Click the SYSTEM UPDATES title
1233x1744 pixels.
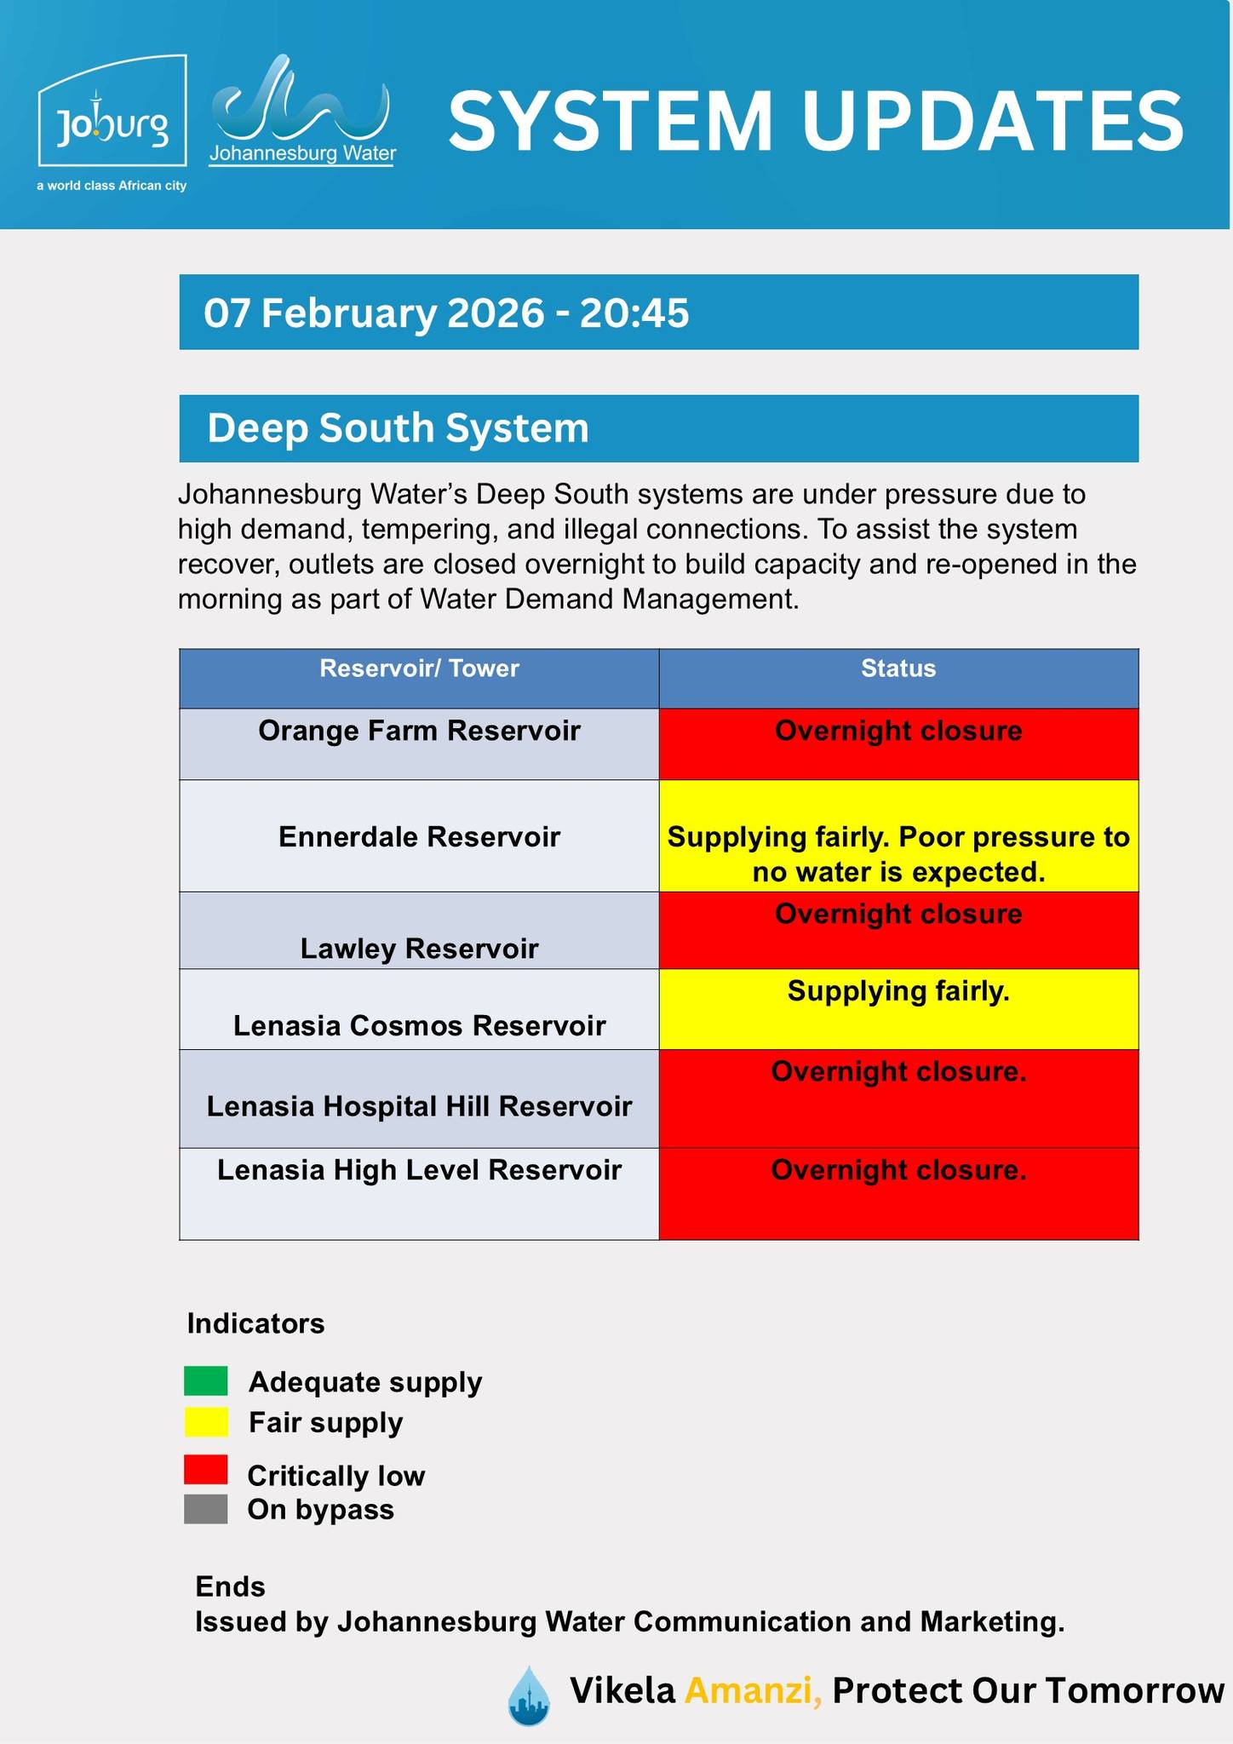point(815,122)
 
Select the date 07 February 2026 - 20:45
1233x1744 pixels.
point(446,313)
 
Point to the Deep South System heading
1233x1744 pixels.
point(398,428)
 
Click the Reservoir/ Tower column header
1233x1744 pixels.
point(419,668)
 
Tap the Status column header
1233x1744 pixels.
point(898,668)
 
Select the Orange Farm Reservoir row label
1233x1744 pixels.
point(419,731)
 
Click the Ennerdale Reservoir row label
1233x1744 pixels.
point(419,836)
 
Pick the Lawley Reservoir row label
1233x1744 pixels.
point(419,948)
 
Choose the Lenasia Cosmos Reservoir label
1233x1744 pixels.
point(419,1025)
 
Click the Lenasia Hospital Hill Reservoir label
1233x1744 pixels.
point(419,1106)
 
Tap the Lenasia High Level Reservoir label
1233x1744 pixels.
point(419,1170)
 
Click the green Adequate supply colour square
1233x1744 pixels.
point(205,1380)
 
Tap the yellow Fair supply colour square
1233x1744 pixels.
point(205,1422)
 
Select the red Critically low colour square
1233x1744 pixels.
point(205,1469)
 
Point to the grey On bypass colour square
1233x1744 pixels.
point(205,1509)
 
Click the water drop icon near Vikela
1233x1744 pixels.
point(529,1695)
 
